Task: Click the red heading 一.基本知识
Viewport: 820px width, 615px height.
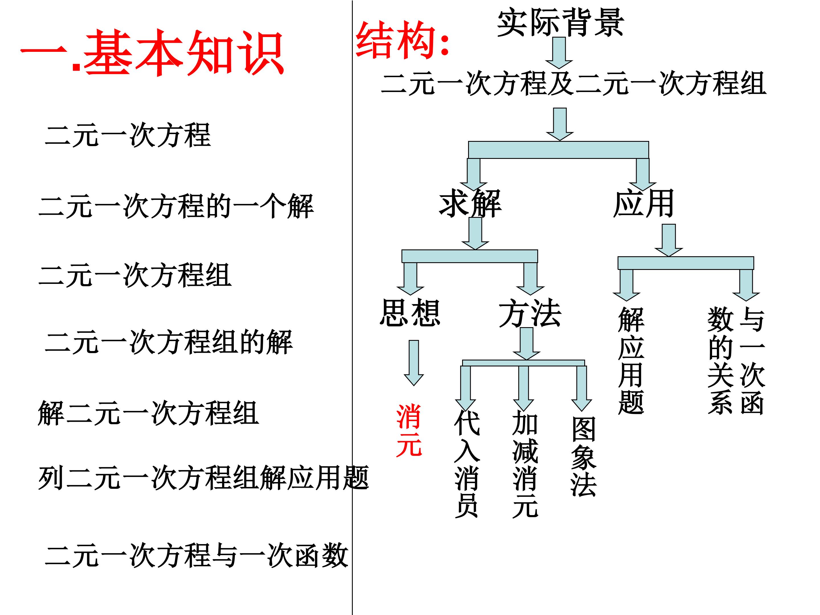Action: [152, 53]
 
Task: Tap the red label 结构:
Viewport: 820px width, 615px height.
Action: [402, 40]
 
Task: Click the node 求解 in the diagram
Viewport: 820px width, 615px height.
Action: [470, 204]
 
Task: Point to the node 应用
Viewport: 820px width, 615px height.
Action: [643, 204]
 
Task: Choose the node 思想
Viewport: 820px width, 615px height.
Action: [410, 313]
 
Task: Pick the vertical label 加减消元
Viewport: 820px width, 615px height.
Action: [525, 463]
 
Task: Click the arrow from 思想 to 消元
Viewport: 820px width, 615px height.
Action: [414, 362]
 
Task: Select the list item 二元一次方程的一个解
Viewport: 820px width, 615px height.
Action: [176, 206]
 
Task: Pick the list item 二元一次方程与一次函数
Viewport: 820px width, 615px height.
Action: [196, 555]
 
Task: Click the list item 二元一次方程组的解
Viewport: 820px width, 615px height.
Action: [169, 342]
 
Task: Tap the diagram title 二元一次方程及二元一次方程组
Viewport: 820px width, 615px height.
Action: [573, 83]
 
